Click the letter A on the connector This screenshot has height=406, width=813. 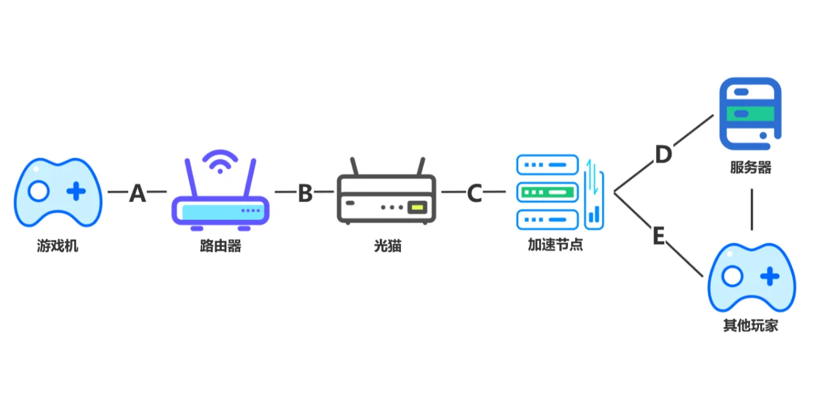pyautogui.click(x=137, y=193)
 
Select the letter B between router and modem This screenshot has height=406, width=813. pyautogui.click(x=305, y=193)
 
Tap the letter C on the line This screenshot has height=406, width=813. pyautogui.click(x=474, y=193)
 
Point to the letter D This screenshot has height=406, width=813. pyautogui.click(x=663, y=154)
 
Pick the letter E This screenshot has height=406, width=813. pyautogui.click(x=659, y=236)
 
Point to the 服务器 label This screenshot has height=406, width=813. pyautogui.click(x=751, y=168)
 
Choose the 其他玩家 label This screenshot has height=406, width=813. pyautogui.click(x=751, y=326)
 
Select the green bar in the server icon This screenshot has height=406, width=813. pyautogui.click(x=750, y=114)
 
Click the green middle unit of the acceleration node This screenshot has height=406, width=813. pyautogui.click(x=548, y=191)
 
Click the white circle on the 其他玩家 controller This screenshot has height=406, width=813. pyautogui.click(x=732, y=276)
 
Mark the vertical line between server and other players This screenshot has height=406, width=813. pyautogui.click(x=752, y=208)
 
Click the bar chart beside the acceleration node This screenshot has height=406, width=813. pyautogui.click(x=595, y=213)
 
